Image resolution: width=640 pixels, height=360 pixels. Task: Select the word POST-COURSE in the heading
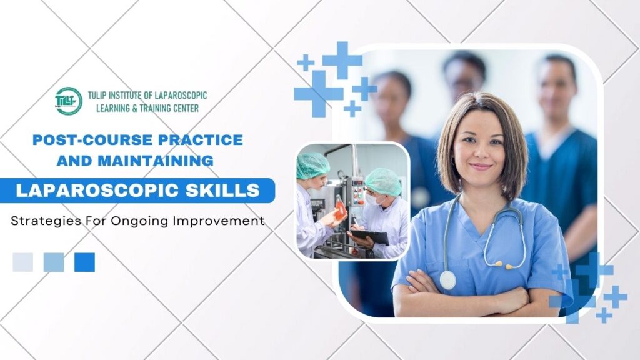pyautogui.click(x=79, y=139)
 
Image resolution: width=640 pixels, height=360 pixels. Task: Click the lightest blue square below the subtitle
pyautogui.click(x=22, y=262)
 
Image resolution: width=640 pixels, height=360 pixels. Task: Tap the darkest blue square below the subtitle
pyautogui.click(x=84, y=262)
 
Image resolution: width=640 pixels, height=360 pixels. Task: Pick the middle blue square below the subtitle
pyautogui.click(x=54, y=262)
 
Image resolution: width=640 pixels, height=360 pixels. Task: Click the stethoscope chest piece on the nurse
pyautogui.click(x=447, y=280)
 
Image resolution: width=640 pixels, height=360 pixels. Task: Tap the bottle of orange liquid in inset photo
pyautogui.click(x=340, y=207)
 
